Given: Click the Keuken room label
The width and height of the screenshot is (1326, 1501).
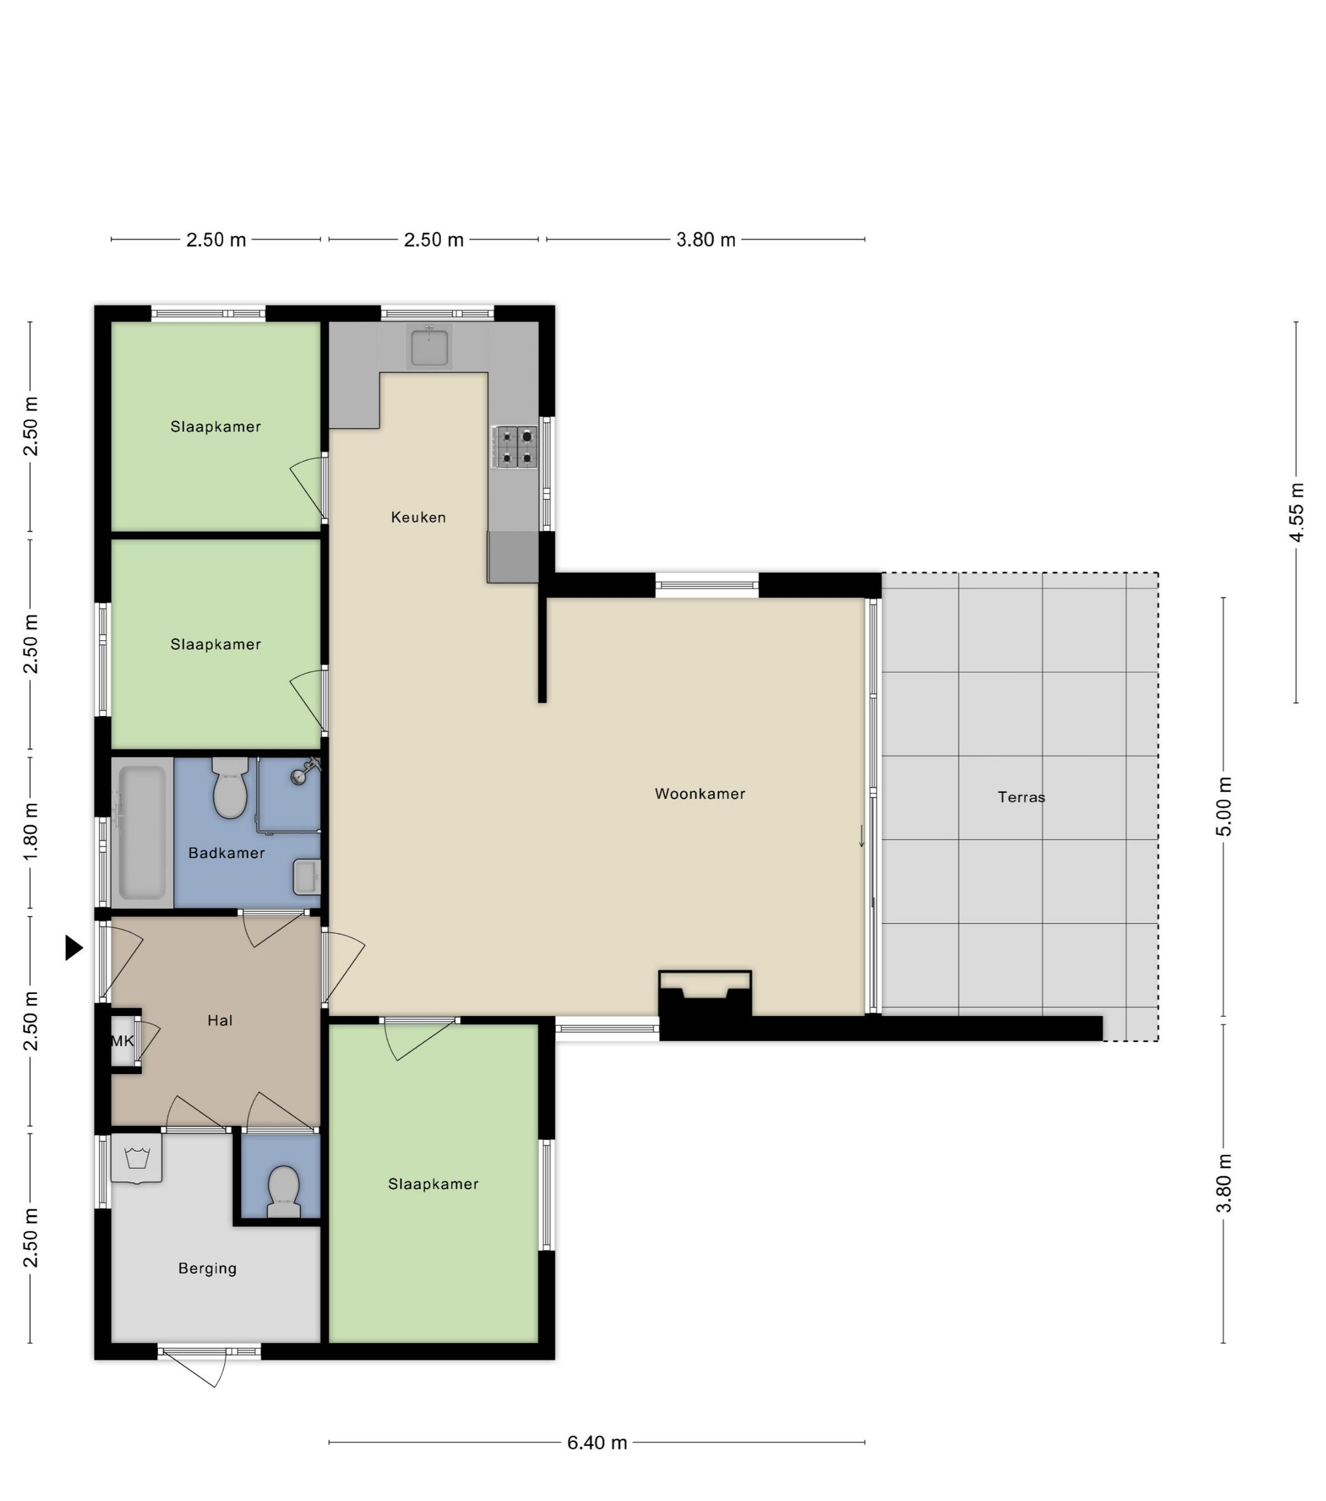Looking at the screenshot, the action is (418, 517).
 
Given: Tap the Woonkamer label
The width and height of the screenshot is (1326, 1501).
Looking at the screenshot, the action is (700, 793).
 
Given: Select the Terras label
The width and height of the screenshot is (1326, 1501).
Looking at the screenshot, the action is (1021, 797).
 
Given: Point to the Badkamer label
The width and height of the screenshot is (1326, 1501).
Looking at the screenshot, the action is (226, 852).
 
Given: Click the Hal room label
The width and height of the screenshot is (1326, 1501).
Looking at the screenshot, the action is (220, 1020).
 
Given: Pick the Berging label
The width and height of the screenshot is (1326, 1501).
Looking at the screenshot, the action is (208, 1268).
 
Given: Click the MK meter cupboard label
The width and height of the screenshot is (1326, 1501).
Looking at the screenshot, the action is (122, 1041).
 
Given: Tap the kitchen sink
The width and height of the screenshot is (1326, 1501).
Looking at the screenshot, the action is (429, 347).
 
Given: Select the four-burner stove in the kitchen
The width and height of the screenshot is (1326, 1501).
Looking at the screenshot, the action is (517, 446).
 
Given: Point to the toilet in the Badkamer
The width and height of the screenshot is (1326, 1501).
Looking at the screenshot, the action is (230, 787).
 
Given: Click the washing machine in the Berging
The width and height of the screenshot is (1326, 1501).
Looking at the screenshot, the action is (136, 1158).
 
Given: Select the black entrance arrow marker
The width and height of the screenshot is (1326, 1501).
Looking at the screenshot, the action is (74, 947).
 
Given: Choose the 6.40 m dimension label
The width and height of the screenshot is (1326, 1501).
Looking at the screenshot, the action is (597, 1443).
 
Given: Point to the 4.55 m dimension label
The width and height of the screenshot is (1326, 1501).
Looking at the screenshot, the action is (1296, 513).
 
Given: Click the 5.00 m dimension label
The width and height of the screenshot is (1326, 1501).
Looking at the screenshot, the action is (1224, 806).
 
